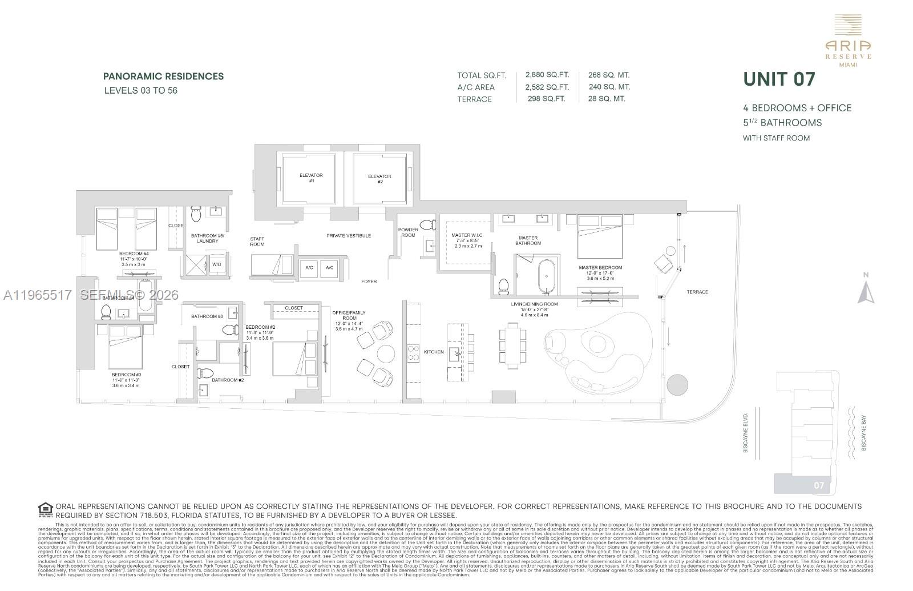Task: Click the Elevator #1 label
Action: pyautogui.click(x=311, y=178)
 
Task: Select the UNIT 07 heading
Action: pyautogui.click(x=779, y=79)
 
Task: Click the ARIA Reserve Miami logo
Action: pyautogui.click(x=848, y=41)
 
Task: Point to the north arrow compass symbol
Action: pyautogui.click(x=866, y=289)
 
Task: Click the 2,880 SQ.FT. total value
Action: pyautogui.click(x=547, y=75)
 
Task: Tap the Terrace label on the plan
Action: pyautogui.click(x=697, y=292)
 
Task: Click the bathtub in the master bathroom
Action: pyautogui.click(x=546, y=276)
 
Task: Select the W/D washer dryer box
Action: pyautogui.click(x=216, y=264)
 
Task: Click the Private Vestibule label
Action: pyautogui.click(x=349, y=235)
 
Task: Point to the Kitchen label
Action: pyautogui.click(x=434, y=352)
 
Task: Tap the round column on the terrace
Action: pyautogui.click(x=677, y=384)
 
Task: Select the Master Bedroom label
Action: pyautogui.click(x=600, y=267)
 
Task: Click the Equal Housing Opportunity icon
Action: pyautogui.click(x=45, y=508)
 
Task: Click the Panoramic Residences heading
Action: pyautogui.click(x=163, y=76)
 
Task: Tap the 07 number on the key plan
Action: pyautogui.click(x=819, y=485)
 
